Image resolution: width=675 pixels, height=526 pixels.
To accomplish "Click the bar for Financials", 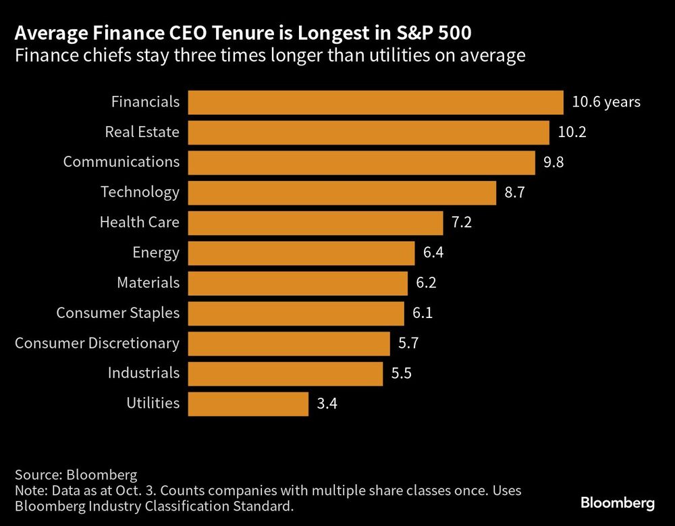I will [x=375, y=102].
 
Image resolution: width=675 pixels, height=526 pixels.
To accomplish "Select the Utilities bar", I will [x=248, y=404].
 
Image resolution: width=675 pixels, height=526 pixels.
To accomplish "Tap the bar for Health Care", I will [x=315, y=223].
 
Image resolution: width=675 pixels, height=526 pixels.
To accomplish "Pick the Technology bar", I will [x=342, y=192].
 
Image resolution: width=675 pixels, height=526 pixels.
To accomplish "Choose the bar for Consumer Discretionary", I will [x=289, y=344].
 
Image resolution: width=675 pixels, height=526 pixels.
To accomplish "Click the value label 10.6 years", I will [x=605, y=102].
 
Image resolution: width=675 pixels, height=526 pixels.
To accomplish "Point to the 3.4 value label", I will [x=327, y=404].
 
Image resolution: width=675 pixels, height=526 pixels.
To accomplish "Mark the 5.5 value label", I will [x=401, y=373].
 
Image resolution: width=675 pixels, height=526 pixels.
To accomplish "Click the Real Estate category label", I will [x=142, y=132].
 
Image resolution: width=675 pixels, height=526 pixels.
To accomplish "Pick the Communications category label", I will [x=122, y=162].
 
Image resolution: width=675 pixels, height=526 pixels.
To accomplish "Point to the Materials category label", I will [x=148, y=283].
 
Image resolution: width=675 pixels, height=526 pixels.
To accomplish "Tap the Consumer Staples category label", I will [x=118, y=313].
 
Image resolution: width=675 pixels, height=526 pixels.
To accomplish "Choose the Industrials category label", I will [x=144, y=373].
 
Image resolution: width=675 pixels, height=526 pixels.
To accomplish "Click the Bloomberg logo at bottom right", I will [x=618, y=503].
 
